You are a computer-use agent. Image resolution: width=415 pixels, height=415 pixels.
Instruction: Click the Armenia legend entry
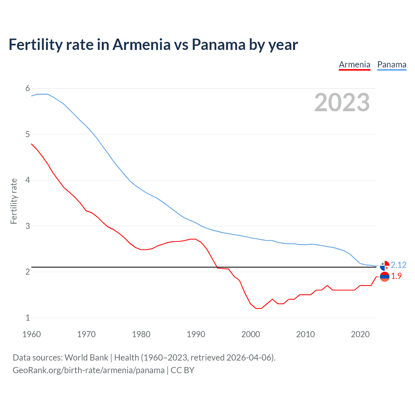354,65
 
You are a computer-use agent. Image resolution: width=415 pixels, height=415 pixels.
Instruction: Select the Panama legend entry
392,65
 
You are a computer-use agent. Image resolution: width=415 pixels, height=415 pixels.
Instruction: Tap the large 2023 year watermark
342,102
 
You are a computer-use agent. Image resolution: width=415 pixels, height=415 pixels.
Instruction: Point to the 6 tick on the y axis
28,89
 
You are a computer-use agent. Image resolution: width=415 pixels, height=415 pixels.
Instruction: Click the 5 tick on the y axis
28,134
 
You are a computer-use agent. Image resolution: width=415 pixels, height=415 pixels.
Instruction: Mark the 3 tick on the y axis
28,226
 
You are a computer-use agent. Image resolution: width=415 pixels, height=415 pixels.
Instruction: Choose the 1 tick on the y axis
28,318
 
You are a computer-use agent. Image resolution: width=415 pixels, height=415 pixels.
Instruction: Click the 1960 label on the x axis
31,334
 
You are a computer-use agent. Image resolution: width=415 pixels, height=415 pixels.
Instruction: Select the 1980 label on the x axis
141,334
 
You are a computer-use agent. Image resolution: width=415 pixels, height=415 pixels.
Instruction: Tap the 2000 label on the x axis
251,334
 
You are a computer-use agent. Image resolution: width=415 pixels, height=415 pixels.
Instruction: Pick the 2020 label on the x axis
360,334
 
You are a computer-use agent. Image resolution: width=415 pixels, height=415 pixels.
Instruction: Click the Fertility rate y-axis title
14,201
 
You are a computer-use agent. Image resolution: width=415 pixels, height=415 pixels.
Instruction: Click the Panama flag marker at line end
385,266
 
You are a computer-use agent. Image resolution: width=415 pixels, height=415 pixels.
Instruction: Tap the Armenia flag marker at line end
385,277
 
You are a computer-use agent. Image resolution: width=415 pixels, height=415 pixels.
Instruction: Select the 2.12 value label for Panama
398,265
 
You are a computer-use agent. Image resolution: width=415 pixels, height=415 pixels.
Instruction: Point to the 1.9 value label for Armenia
396,276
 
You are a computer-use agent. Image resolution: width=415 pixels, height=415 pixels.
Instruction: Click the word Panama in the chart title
219,44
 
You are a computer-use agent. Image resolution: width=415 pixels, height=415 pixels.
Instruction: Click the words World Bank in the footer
86,358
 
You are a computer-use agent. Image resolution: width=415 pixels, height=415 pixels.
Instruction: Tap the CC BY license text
183,370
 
